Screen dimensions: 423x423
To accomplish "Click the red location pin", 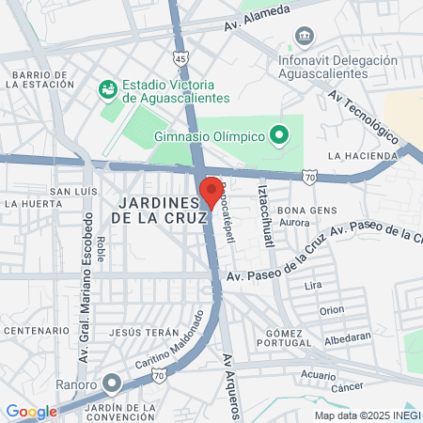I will click(211, 191).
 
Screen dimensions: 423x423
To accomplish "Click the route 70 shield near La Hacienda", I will click(309, 175).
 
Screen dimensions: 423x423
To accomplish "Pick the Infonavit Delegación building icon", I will click(304, 37).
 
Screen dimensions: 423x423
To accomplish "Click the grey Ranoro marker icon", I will click(112, 384).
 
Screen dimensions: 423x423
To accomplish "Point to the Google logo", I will click(31, 411).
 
